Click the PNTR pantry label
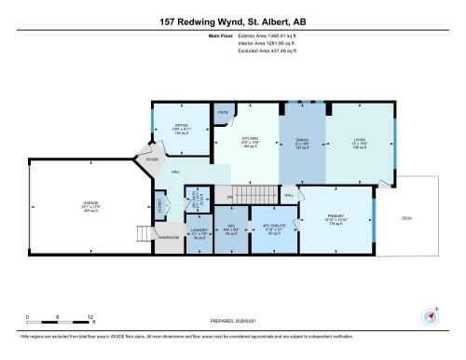pyautogui.click(x=224, y=112)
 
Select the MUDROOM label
pyautogui.click(x=168, y=235)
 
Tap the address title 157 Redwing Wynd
pyautogui.click(x=233, y=21)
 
